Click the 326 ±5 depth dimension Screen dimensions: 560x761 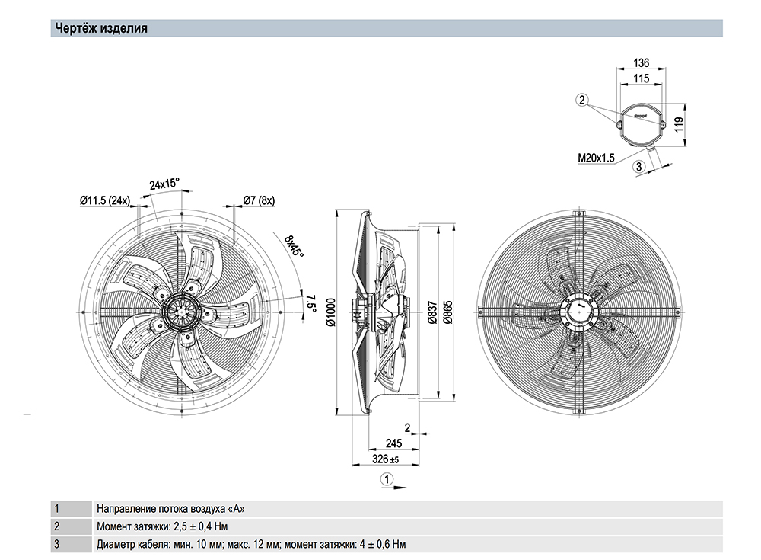pyautogui.click(x=384, y=460)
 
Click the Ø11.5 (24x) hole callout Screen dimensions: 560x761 pyautogui.click(x=105, y=200)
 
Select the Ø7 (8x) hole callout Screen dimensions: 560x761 pyautogui.click(x=259, y=200)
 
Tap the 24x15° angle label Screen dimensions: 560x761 pyautogui.click(x=164, y=184)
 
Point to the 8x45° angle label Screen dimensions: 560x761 pyautogui.click(x=294, y=247)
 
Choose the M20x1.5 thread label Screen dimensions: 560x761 pyautogui.click(x=596, y=158)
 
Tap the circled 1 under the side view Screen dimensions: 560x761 pyautogui.click(x=387, y=479)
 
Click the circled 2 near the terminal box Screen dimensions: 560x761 pyautogui.click(x=582, y=100)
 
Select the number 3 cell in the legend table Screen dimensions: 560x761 pyautogui.click(x=56, y=544)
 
